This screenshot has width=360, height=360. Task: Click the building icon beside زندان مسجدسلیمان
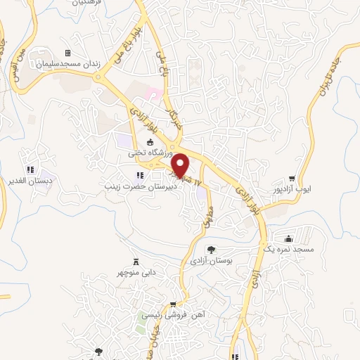[67, 53]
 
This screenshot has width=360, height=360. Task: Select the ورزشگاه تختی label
[146, 152]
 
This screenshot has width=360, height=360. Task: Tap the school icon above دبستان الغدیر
[30, 169]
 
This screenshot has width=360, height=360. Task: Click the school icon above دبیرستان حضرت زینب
[139, 175]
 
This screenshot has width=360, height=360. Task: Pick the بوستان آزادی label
[211, 261]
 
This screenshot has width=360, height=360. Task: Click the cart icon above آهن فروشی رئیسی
[172, 304]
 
